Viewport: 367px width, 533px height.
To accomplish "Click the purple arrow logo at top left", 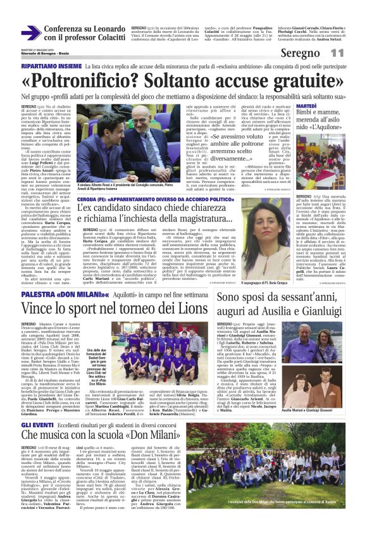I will [31, 33].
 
